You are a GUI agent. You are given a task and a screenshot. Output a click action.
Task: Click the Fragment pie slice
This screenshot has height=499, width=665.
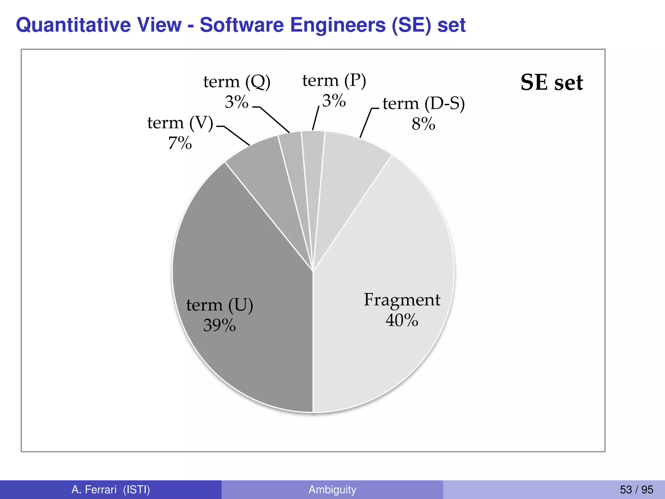click(383, 260)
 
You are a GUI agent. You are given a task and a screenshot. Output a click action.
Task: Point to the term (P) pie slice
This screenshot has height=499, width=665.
click(312, 162)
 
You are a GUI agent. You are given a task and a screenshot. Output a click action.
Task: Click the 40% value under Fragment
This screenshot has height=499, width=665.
click(402, 320)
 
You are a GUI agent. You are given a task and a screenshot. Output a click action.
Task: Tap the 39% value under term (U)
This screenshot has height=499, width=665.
click(220, 325)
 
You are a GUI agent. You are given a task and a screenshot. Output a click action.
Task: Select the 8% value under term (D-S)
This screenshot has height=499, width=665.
click(423, 124)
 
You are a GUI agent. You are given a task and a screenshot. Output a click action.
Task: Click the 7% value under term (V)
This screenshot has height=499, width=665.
click(180, 143)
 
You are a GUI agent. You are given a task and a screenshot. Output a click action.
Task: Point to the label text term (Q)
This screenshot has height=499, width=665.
click(237, 82)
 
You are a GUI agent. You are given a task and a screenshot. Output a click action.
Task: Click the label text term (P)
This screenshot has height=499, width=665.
click(334, 81)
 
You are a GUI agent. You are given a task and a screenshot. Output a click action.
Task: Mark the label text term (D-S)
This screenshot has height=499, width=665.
click(423, 104)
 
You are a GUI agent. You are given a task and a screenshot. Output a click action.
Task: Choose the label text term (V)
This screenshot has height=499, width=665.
click(180, 123)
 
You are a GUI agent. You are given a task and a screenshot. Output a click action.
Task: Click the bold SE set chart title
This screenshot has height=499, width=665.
click(552, 83)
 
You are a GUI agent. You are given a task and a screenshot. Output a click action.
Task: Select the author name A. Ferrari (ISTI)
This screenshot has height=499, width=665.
click(111, 490)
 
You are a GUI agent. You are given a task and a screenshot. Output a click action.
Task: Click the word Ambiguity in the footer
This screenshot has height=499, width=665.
click(332, 490)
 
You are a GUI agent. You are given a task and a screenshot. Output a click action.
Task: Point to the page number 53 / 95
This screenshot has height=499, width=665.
click(636, 490)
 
